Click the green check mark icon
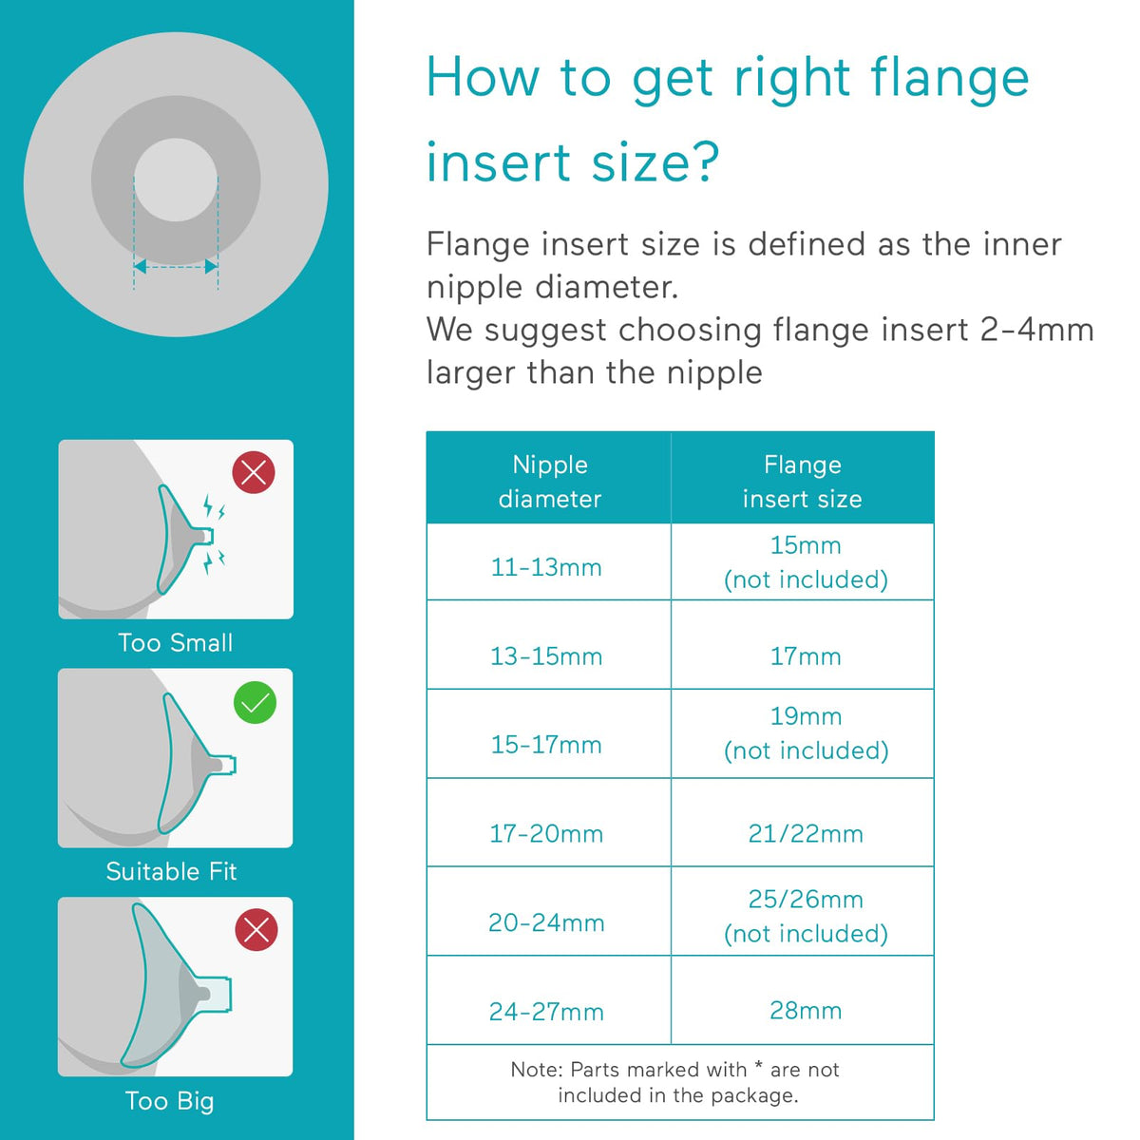pyautogui.click(x=255, y=702)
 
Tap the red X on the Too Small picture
pyautogui.click(x=254, y=472)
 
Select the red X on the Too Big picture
pyautogui.click(x=256, y=930)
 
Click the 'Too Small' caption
pyautogui.click(x=176, y=643)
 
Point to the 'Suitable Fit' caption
pyautogui.click(x=172, y=871)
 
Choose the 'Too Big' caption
pyautogui.click(x=170, y=1102)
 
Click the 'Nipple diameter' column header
pyautogui.click(x=550, y=482)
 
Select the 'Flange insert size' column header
pyautogui.click(x=803, y=482)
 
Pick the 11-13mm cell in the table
pyautogui.click(x=546, y=567)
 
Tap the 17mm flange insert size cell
pyautogui.click(x=806, y=656)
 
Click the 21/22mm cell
pyautogui.click(x=806, y=833)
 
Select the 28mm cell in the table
pyautogui.click(x=806, y=1011)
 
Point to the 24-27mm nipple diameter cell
pyautogui.click(x=546, y=1012)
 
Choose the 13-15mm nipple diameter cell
pyautogui.click(x=546, y=656)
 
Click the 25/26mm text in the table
pyautogui.click(x=806, y=900)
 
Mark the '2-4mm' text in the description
pyautogui.click(x=1036, y=330)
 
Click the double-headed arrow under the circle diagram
pyautogui.click(x=177, y=267)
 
